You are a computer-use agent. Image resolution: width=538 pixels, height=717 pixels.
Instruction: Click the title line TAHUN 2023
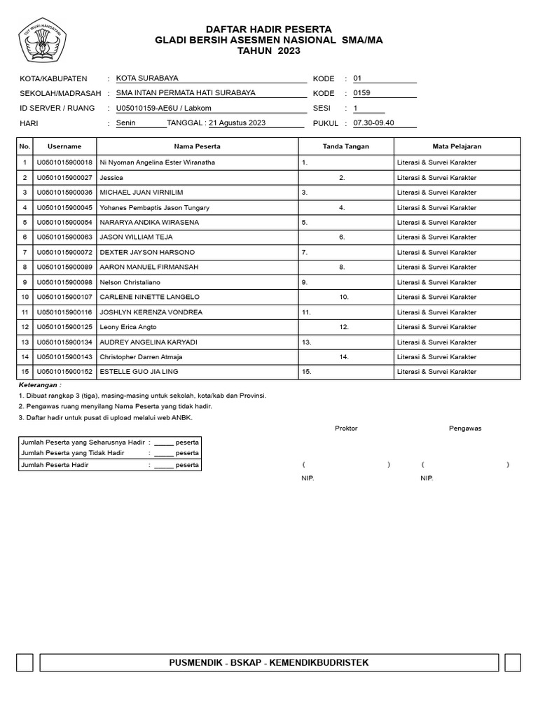click(x=269, y=51)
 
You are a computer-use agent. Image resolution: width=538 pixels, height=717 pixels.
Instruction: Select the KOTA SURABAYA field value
click(x=147, y=78)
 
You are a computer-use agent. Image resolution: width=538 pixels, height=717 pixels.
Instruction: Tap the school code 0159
click(x=362, y=92)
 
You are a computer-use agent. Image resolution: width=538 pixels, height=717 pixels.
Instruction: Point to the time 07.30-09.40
click(x=374, y=123)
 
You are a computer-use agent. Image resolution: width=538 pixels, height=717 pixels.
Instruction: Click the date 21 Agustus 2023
click(x=237, y=123)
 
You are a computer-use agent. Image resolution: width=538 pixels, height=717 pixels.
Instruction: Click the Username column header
click(x=64, y=146)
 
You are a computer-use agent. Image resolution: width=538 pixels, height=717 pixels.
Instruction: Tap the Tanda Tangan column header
click(x=346, y=146)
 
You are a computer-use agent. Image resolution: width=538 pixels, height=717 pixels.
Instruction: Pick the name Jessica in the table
click(x=111, y=178)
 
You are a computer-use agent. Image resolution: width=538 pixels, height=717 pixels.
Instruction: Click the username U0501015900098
click(x=64, y=282)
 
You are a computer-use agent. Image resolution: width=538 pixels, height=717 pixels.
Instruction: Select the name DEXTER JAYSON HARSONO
click(x=148, y=252)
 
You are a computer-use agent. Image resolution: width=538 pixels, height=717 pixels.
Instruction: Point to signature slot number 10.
click(x=344, y=297)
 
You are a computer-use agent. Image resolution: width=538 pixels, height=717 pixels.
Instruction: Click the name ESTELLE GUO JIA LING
click(x=139, y=372)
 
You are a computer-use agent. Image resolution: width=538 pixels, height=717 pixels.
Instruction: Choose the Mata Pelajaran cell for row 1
click(x=436, y=162)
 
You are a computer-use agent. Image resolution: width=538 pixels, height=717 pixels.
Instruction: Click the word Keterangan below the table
click(x=39, y=385)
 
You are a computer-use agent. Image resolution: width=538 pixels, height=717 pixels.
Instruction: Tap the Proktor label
click(x=346, y=428)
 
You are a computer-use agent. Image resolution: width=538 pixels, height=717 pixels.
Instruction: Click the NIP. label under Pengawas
click(x=427, y=478)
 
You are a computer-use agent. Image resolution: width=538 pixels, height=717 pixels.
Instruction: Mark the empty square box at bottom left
click(x=25, y=662)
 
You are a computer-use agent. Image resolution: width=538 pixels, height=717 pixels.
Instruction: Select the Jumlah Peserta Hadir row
click(x=109, y=465)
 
